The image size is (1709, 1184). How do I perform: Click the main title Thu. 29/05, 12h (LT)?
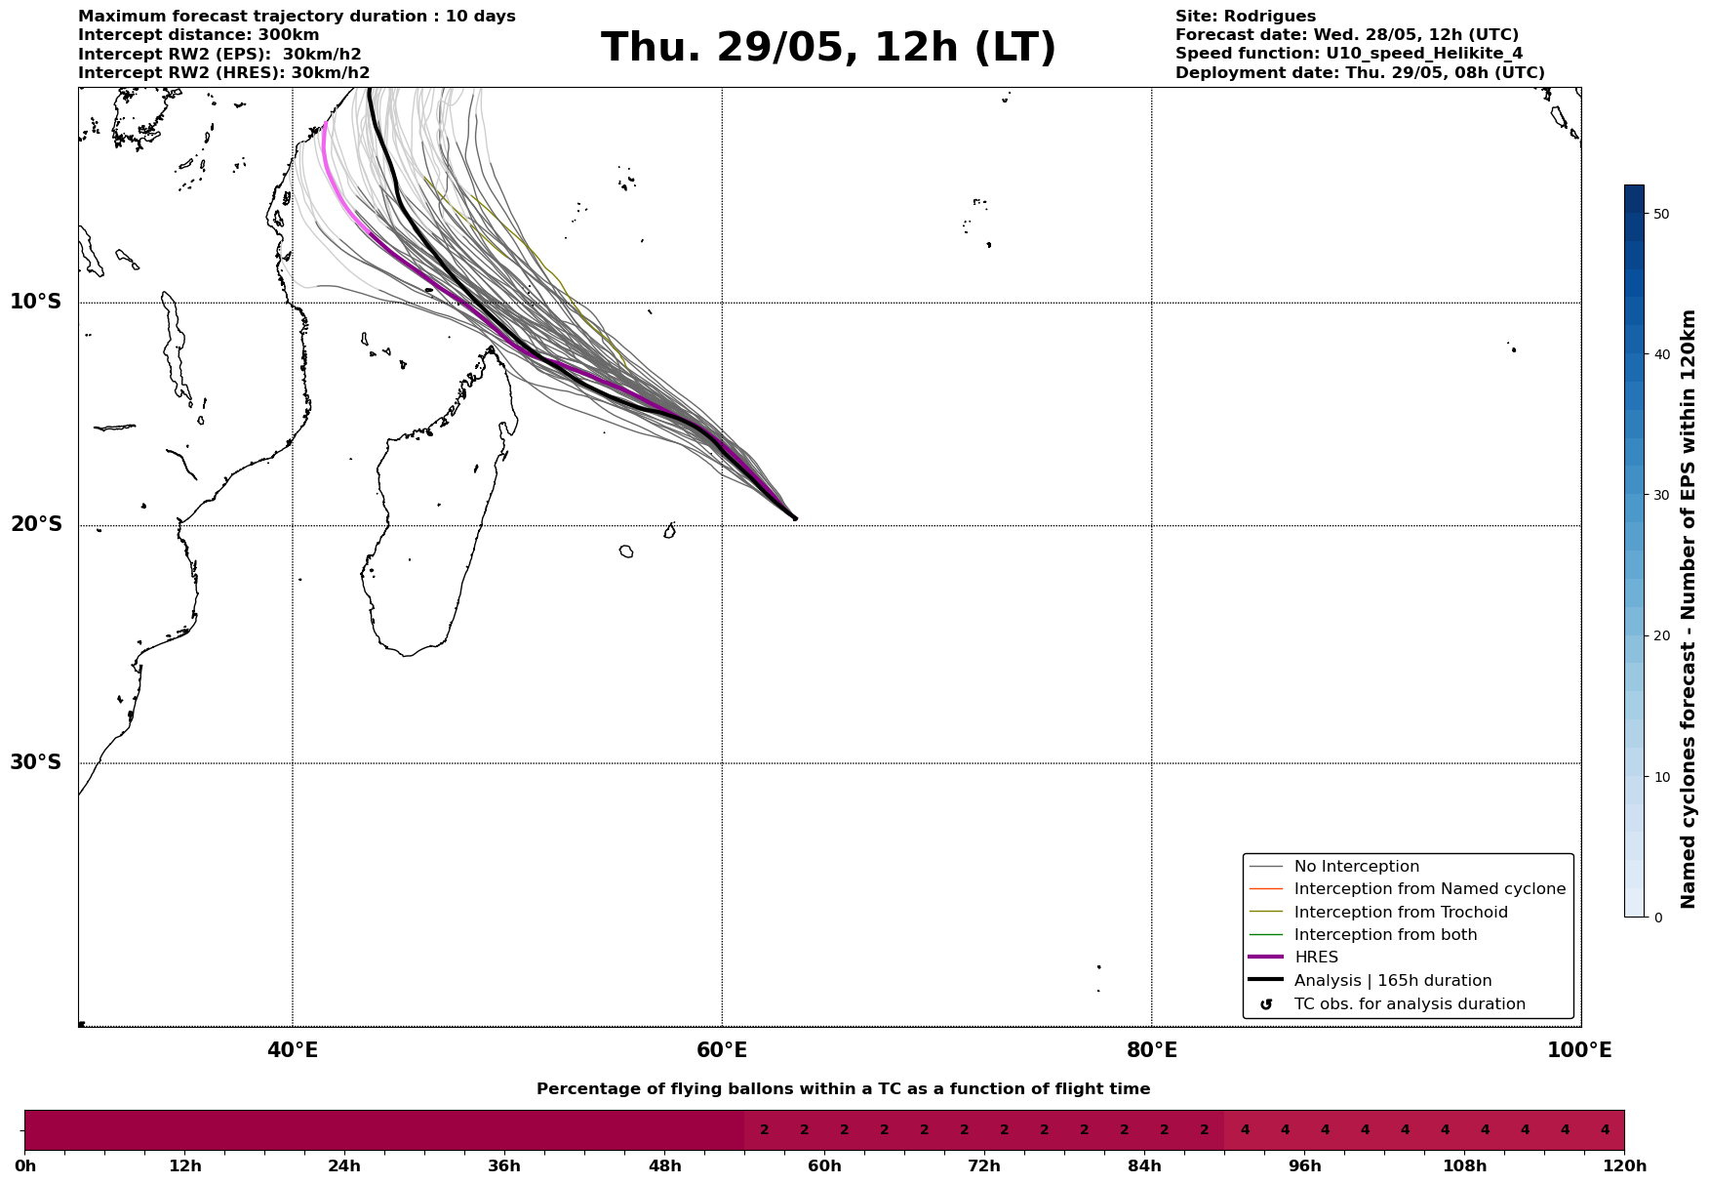click(x=828, y=48)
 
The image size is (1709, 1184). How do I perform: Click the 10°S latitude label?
click(x=36, y=302)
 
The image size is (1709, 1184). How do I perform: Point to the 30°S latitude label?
click(x=36, y=762)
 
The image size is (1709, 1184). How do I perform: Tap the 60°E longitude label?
click(x=722, y=1051)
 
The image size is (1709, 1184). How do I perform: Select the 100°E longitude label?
click(x=1579, y=1051)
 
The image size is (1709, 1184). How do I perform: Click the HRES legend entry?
click(x=1315, y=958)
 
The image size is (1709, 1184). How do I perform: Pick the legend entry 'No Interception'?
click(x=1356, y=867)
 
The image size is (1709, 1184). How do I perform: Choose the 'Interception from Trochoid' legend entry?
click(x=1400, y=913)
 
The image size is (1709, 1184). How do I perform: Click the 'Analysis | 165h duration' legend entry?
click(x=1392, y=981)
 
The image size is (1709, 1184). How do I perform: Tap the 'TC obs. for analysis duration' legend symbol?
click(x=1266, y=1004)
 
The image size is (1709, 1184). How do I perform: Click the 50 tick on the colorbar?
click(x=1661, y=214)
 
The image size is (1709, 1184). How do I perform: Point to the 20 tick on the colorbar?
click(x=1661, y=636)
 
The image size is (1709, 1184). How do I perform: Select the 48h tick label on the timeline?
click(x=664, y=1166)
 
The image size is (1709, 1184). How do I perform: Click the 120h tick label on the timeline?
click(x=1624, y=1166)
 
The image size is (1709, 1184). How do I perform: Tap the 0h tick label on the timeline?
click(x=25, y=1166)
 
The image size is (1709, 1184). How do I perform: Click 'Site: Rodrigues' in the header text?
click(x=1245, y=17)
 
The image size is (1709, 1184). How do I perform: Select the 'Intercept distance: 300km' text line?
click(x=198, y=35)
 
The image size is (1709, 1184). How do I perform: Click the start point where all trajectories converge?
click(x=795, y=518)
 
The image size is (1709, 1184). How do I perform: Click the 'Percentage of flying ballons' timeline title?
click(x=843, y=1089)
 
